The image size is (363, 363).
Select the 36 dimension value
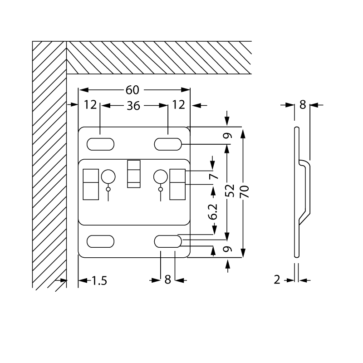(133, 106)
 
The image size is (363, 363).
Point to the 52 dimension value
(230, 191)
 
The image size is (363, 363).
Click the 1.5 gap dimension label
(99, 281)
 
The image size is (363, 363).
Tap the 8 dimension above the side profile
(303, 105)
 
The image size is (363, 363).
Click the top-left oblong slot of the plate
(100, 144)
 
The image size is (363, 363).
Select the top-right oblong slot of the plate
(168, 144)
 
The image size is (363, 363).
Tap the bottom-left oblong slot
(100, 241)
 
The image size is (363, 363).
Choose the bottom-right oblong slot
(168, 241)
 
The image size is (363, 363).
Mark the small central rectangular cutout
(134, 174)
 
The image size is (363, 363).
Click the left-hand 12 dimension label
(91, 105)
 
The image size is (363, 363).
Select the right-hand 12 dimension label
(179, 105)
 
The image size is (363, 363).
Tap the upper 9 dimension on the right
(228, 135)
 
